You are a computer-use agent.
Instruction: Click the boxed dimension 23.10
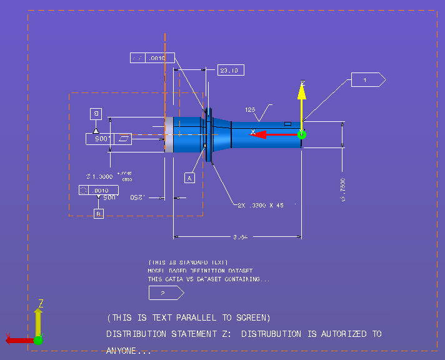tap(231, 70)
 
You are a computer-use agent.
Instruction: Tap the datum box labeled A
tap(190, 177)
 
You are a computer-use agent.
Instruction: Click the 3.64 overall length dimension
tap(241, 237)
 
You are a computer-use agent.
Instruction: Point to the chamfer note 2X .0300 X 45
tap(261, 205)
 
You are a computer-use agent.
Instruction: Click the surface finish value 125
tap(250, 109)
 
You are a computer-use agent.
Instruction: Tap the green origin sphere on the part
tap(301, 134)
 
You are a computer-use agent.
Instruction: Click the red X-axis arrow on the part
tap(275, 134)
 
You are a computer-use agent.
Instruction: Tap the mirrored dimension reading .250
tap(138, 197)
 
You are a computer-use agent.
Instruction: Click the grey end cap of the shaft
tap(169, 134)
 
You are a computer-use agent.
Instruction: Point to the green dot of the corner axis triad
tap(38, 340)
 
